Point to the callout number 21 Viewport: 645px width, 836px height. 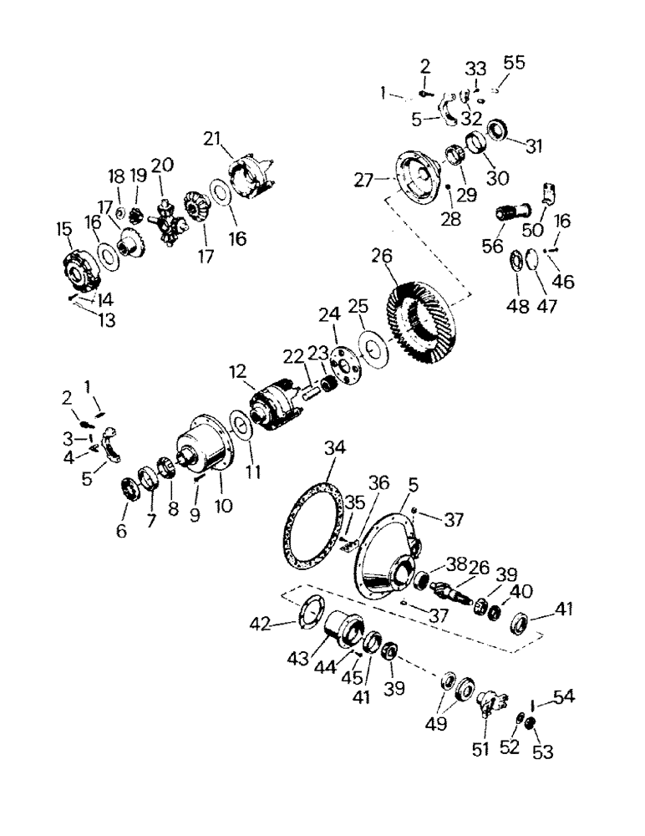pos(213,138)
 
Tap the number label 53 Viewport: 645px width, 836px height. pos(544,752)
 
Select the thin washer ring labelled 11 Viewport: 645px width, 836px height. pos(240,426)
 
